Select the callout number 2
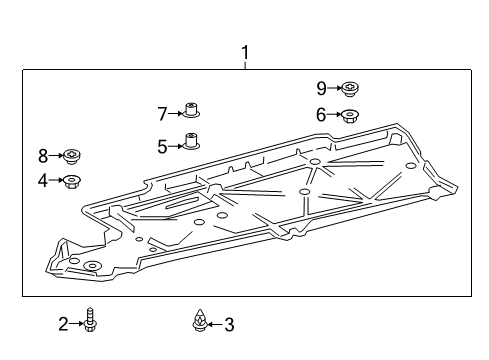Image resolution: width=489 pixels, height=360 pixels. click(63, 323)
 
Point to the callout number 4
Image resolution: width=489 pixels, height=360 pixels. click(43, 180)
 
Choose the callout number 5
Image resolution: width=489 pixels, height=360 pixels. click(162, 146)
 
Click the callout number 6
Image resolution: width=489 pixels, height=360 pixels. click(321, 115)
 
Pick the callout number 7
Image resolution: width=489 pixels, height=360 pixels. click(162, 113)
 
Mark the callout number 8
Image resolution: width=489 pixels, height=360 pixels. click(43, 155)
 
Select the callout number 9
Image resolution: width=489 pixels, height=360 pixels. click(321, 88)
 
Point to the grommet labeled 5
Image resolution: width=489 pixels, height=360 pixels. click(189, 142)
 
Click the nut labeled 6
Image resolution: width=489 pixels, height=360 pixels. click(351, 116)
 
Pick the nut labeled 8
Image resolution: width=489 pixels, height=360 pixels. click(73, 156)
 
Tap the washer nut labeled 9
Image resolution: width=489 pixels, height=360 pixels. click(351, 89)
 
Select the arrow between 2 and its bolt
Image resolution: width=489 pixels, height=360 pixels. click(76, 323)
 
